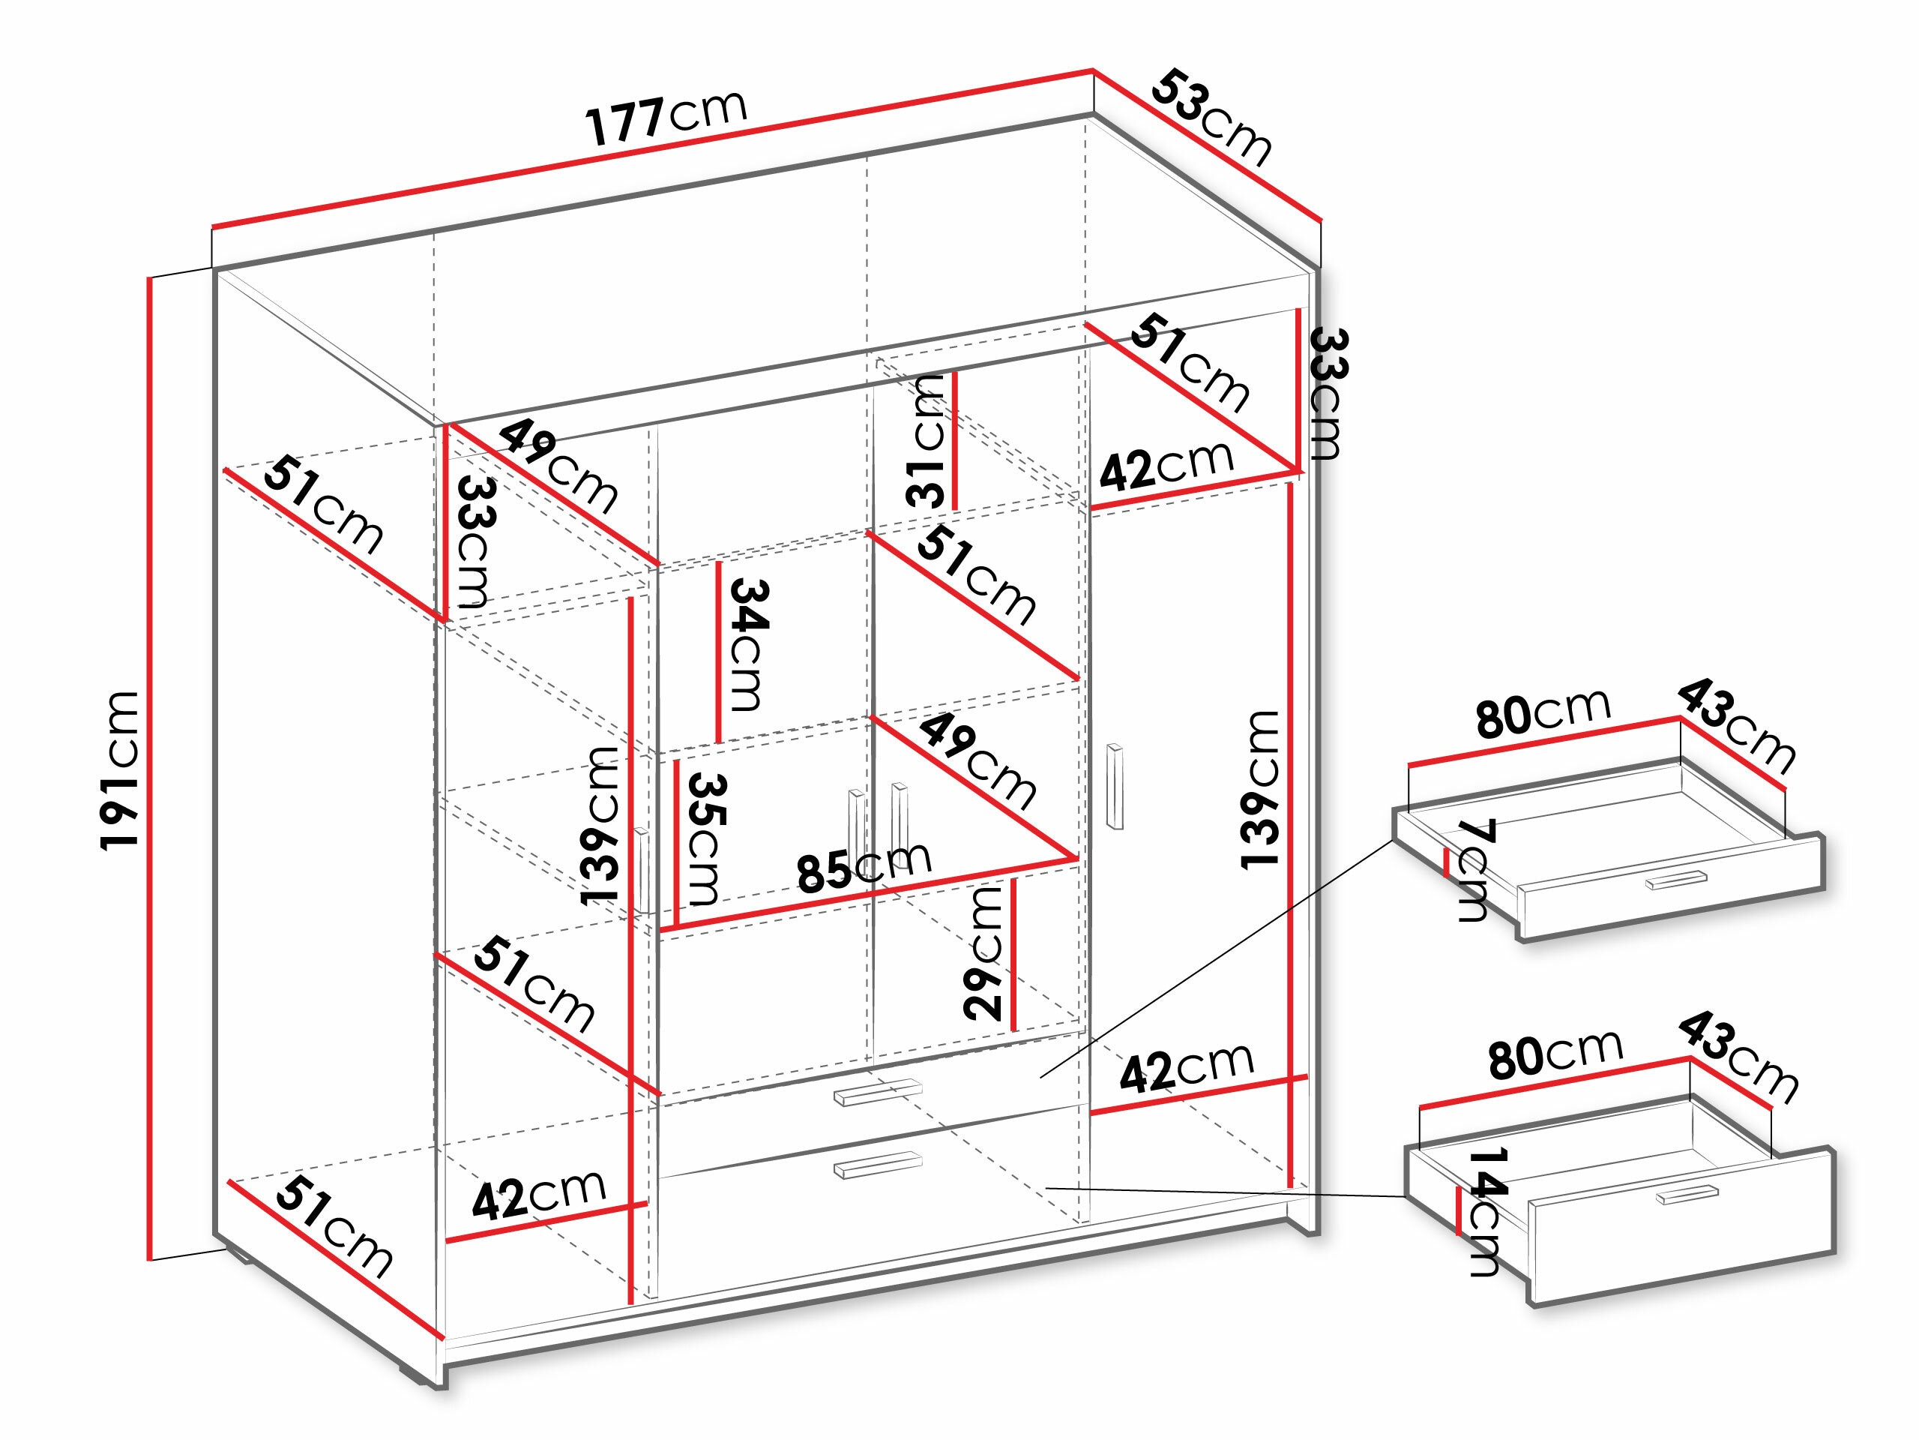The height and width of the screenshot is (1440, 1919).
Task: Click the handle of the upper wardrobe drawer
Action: [876, 1092]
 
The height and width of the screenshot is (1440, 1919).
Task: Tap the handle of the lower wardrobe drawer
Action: [876, 1164]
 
